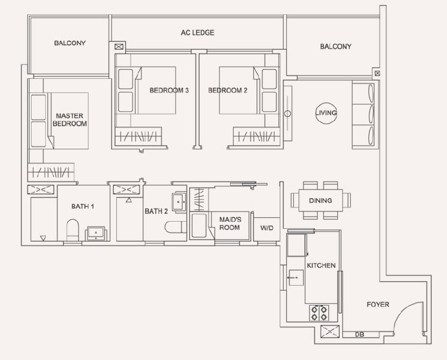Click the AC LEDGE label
(x=197, y=32)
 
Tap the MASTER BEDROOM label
(x=70, y=120)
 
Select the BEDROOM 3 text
(x=169, y=90)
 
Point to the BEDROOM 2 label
(x=227, y=90)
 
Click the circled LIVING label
(x=326, y=112)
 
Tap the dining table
(x=320, y=200)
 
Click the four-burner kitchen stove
(x=319, y=313)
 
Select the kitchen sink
(x=296, y=277)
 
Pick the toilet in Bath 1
(x=72, y=230)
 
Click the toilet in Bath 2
(x=175, y=227)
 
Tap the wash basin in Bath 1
(x=96, y=233)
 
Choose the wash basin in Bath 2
(x=179, y=202)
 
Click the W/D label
(x=267, y=228)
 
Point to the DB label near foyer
(x=360, y=334)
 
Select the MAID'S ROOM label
(x=230, y=224)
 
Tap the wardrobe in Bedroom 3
(x=138, y=136)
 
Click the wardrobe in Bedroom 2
(x=256, y=136)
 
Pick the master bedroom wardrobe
(x=51, y=172)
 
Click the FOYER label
(x=378, y=304)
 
